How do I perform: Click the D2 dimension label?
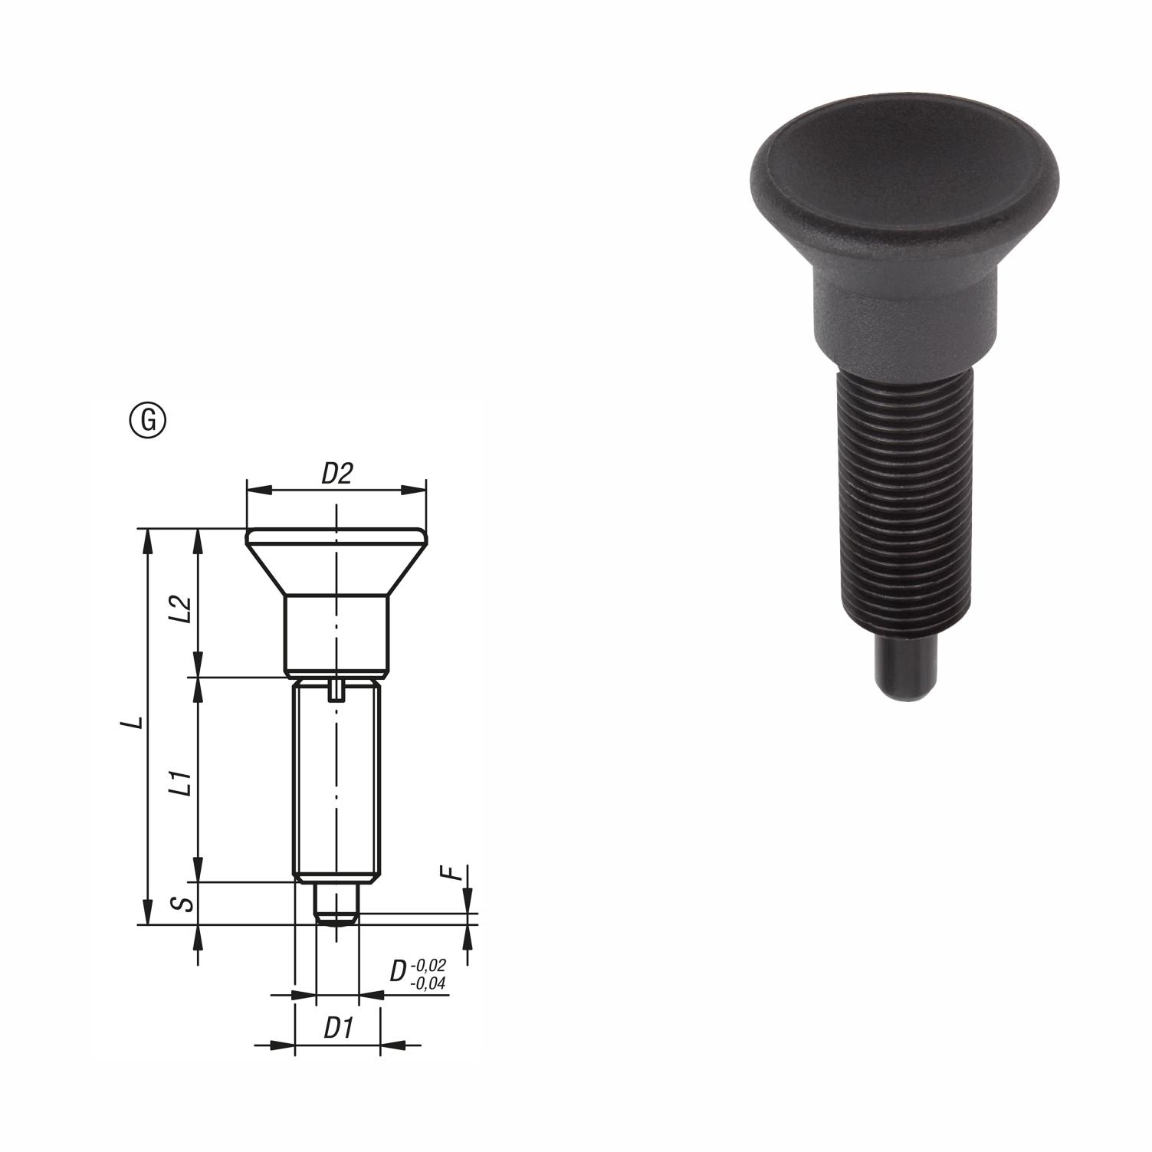point(336,474)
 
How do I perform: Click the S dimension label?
point(181,903)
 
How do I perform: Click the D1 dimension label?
point(336,1029)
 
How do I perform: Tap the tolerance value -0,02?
point(429,964)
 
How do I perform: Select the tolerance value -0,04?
point(429,983)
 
